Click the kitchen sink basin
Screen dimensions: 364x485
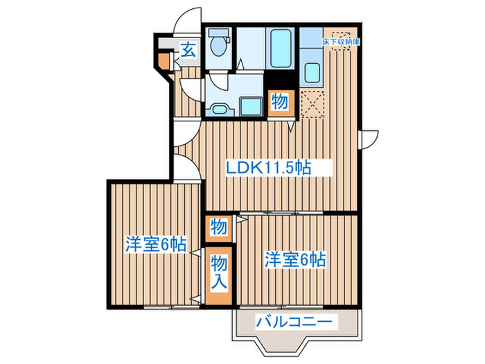pyautogui.click(x=311, y=71)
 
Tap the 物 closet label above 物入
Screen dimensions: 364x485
pyautogui.click(x=218, y=226)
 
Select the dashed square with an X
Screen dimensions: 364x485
pyautogui.click(x=311, y=104)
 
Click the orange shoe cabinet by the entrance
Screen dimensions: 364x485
pyautogui.click(x=163, y=60)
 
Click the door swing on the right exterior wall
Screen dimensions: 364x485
pyautogui.click(x=369, y=137)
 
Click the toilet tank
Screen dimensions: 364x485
pyautogui.click(x=219, y=33)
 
